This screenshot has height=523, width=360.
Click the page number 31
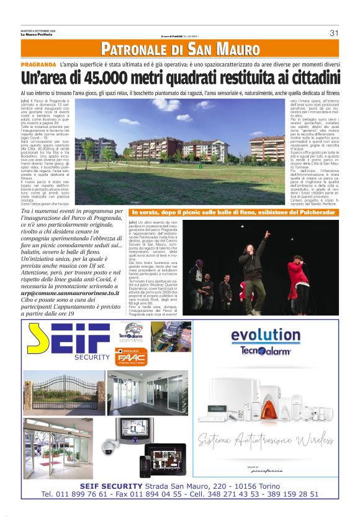point(333,33)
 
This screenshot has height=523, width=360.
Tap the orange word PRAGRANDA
point(38,65)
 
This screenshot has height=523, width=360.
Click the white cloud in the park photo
point(184,116)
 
